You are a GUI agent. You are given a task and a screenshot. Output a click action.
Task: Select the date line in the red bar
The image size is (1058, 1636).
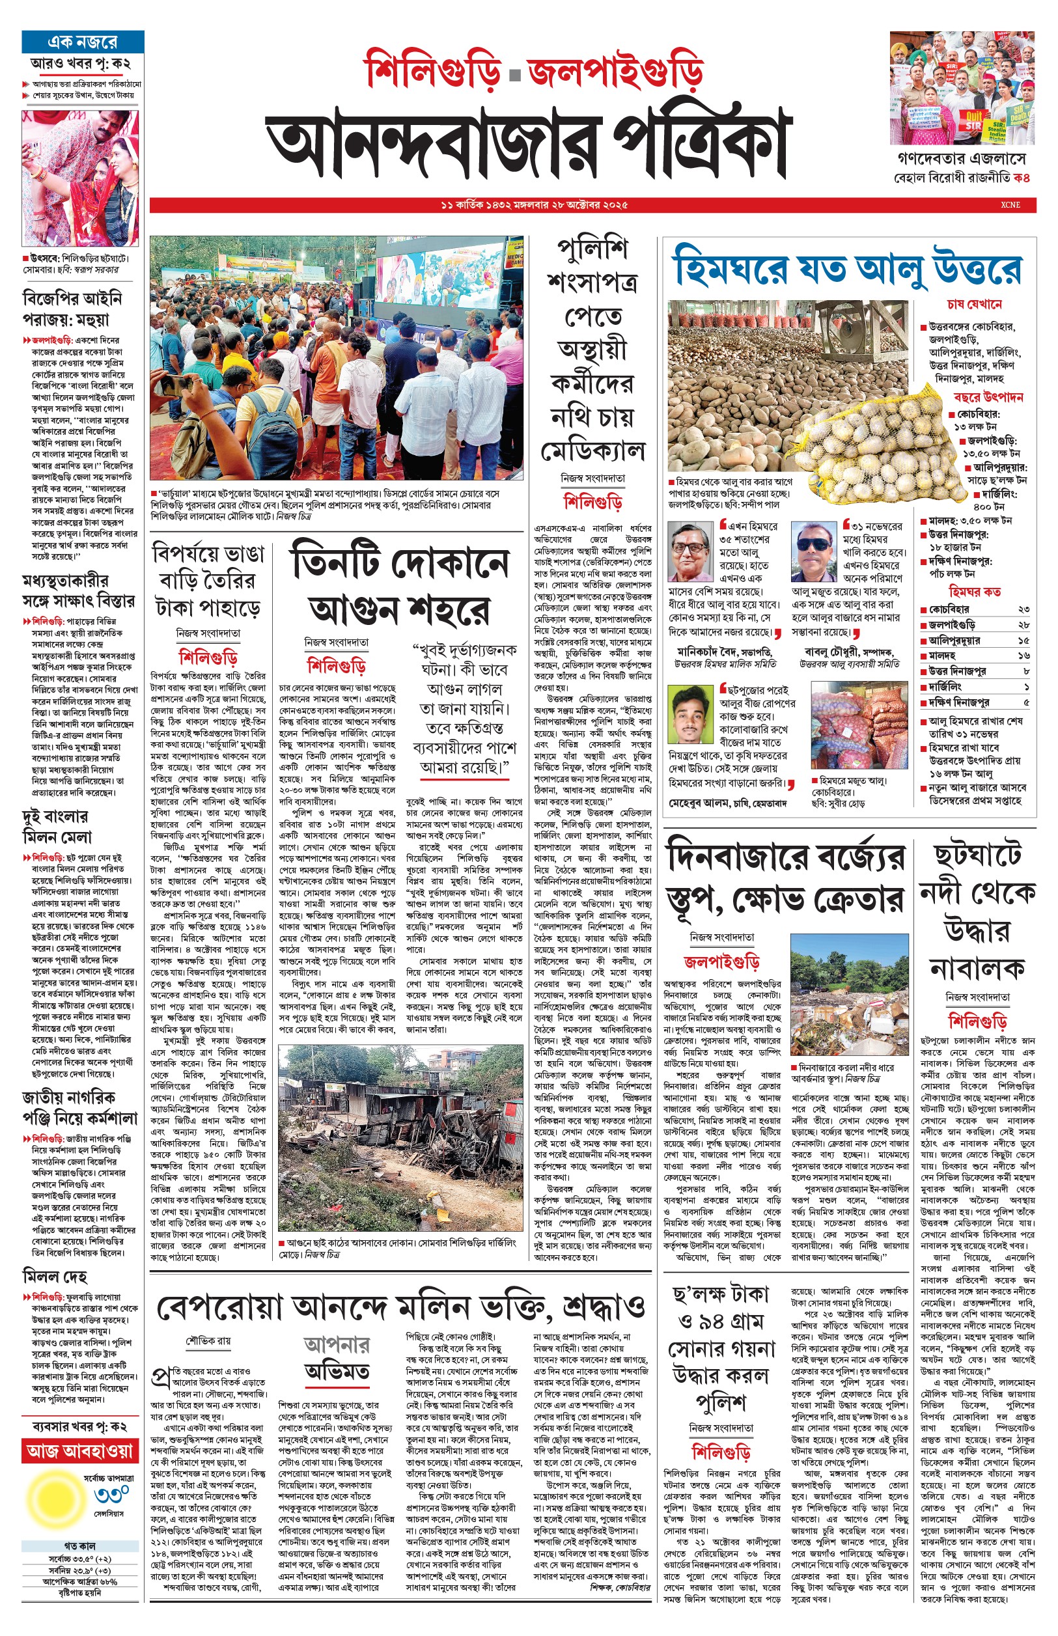click(534, 204)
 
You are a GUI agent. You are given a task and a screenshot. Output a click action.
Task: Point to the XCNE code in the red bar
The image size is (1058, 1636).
click(1010, 204)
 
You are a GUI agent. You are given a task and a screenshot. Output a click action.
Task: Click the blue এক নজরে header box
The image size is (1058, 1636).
click(83, 42)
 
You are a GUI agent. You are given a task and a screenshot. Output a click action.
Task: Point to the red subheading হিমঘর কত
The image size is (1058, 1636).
click(974, 592)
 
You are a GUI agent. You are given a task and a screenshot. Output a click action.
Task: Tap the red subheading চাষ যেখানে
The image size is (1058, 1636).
click(973, 304)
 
